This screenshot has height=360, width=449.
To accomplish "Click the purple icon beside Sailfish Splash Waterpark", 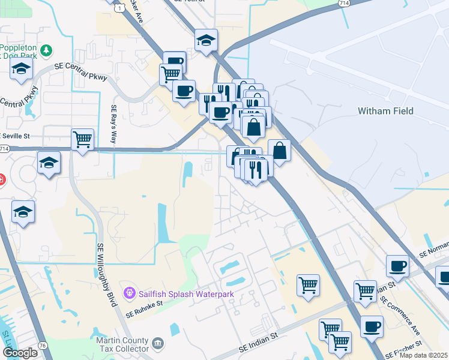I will pos(128,293).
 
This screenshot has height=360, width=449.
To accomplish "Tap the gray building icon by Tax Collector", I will pos(158,343).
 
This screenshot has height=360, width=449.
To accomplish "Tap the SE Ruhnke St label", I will pos(145,309).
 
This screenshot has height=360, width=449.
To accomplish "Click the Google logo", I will pos(20,352).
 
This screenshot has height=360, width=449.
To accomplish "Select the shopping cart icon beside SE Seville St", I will pos(82,139).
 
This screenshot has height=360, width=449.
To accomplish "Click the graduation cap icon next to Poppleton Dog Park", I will pos(21,68).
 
